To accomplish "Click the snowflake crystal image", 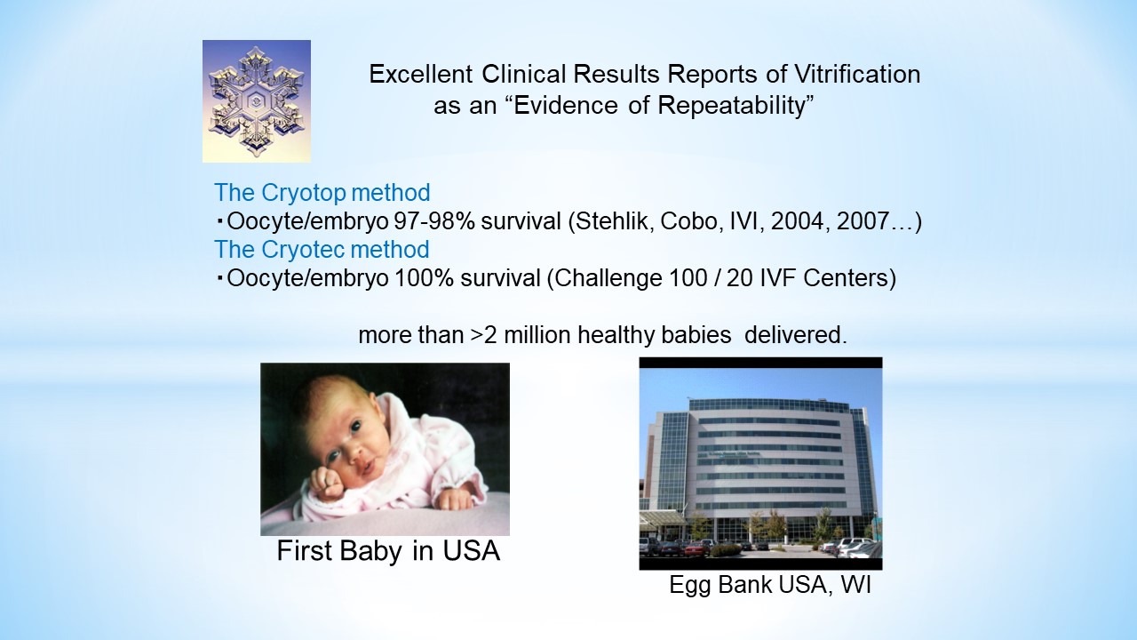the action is pyautogui.click(x=257, y=101).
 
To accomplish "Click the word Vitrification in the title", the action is pyautogui.click(x=857, y=74).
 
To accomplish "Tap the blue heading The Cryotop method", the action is pyautogui.click(x=322, y=193).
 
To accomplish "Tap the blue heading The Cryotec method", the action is pyautogui.click(x=322, y=250).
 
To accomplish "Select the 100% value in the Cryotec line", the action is pyautogui.click(x=424, y=278).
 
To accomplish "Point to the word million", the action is pyautogui.click(x=537, y=335).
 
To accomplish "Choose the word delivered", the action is pyautogui.click(x=795, y=335).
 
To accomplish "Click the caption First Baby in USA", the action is pyautogui.click(x=388, y=550).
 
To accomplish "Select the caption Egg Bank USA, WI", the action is pyautogui.click(x=770, y=585).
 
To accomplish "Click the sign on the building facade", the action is pyautogui.click(x=728, y=453).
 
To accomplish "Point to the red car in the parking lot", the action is pyautogui.click(x=697, y=548).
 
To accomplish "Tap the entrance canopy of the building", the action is pyautogui.click(x=662, y=517).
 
